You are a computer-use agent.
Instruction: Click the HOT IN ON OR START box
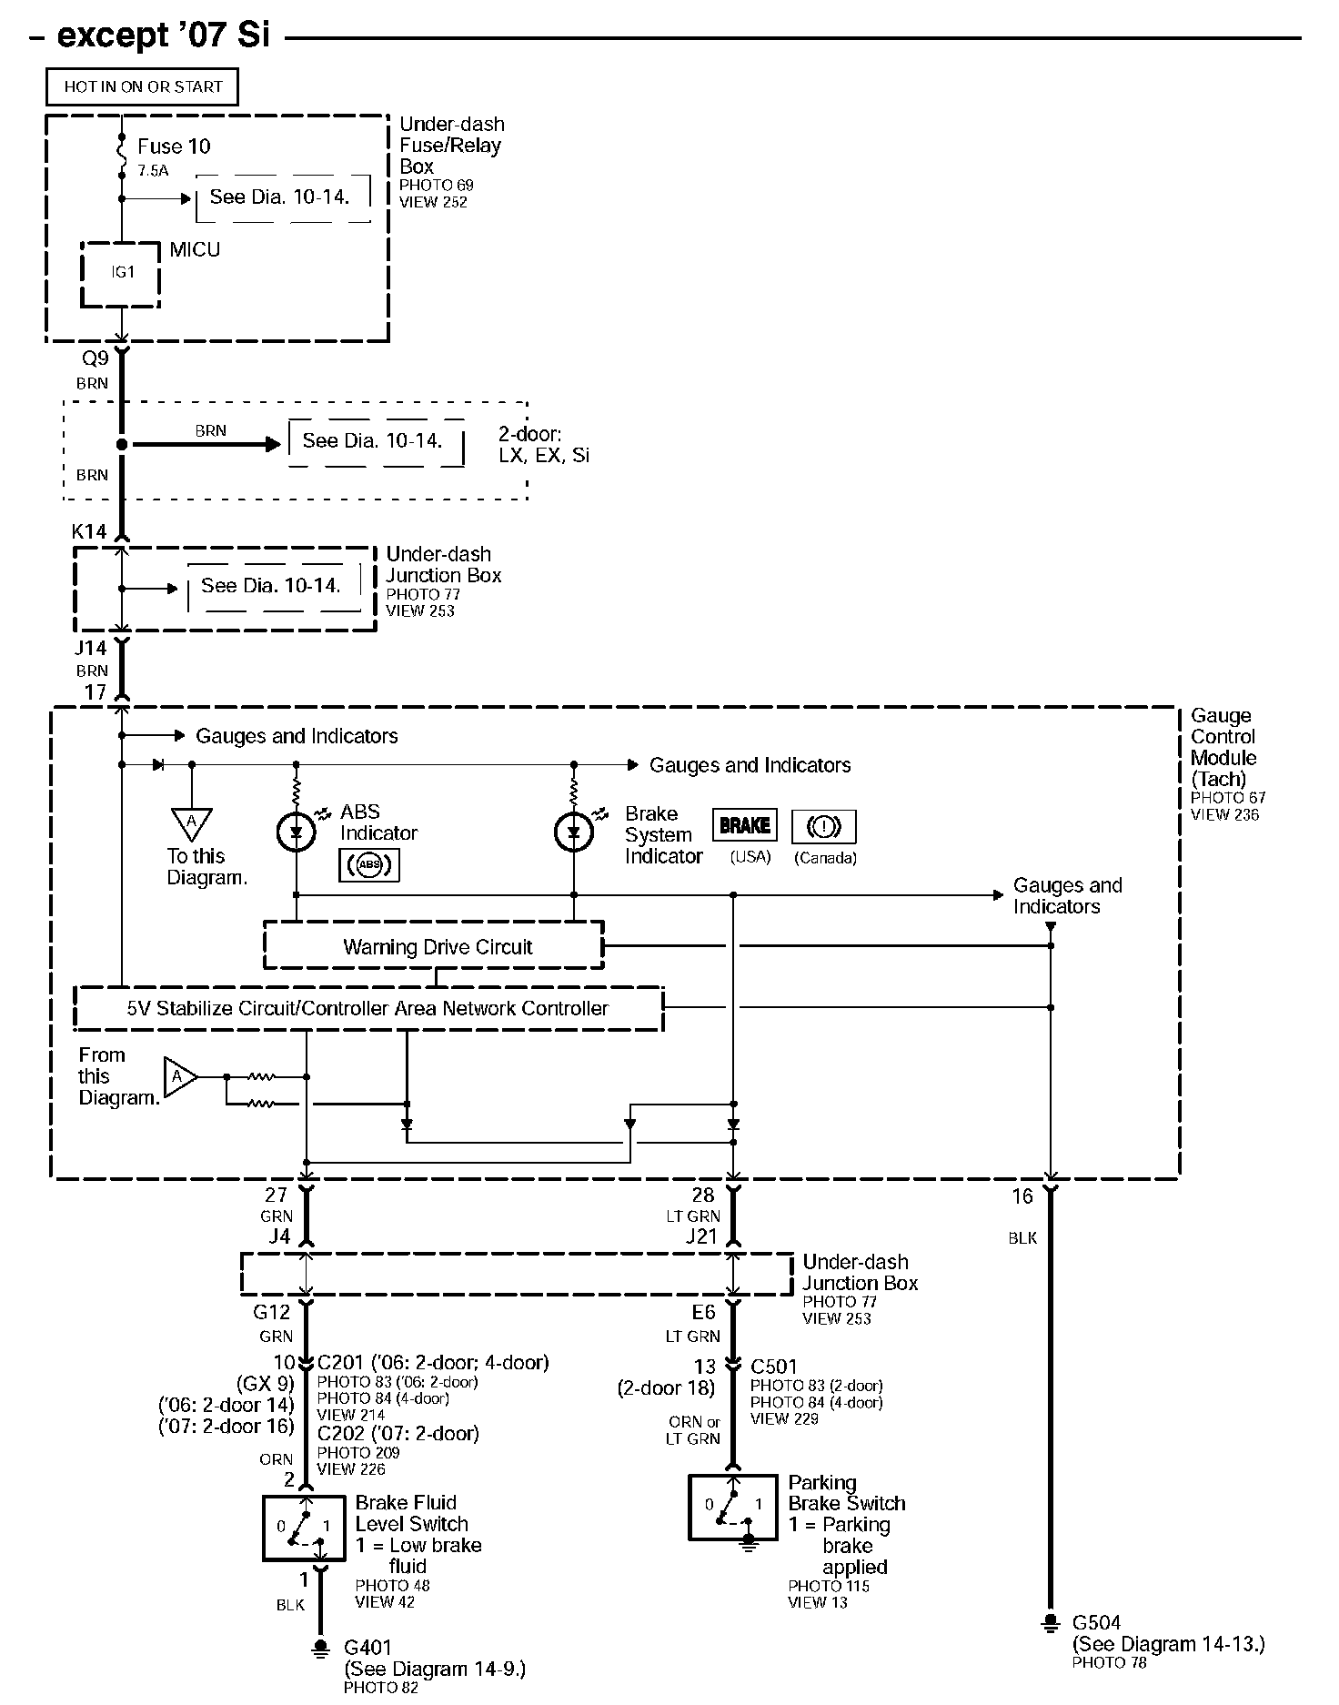pos(143,87)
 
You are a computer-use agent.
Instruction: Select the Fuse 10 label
pos(174,146)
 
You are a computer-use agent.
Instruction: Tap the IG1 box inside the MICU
pos(122,273)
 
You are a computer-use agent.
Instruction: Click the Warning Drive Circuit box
pos(434,946)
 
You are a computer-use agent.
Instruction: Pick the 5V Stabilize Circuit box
pos(367,1008)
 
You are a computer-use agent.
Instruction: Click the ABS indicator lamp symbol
pos(296,831)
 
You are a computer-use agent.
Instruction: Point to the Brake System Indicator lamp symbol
pos(574,831)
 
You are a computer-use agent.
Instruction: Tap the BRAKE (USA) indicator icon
pos(744,826)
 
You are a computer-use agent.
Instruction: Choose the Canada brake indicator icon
pos(824,826)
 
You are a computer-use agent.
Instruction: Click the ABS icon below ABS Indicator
pos(368,865)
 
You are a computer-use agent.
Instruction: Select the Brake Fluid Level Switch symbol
pos(304,1528)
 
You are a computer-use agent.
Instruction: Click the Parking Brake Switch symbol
pos(733,1507)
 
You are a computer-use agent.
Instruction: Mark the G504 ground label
pos(1096,1622)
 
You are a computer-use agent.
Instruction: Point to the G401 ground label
pos(367,1647)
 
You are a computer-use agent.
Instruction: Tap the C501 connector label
pos(773,1367)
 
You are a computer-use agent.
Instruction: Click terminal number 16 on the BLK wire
pos(1022,1196)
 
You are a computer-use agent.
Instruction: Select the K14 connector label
pos(89,531)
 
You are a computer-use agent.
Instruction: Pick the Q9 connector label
pos(96,358)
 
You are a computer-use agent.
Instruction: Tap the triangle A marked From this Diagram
pos(179,1077)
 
